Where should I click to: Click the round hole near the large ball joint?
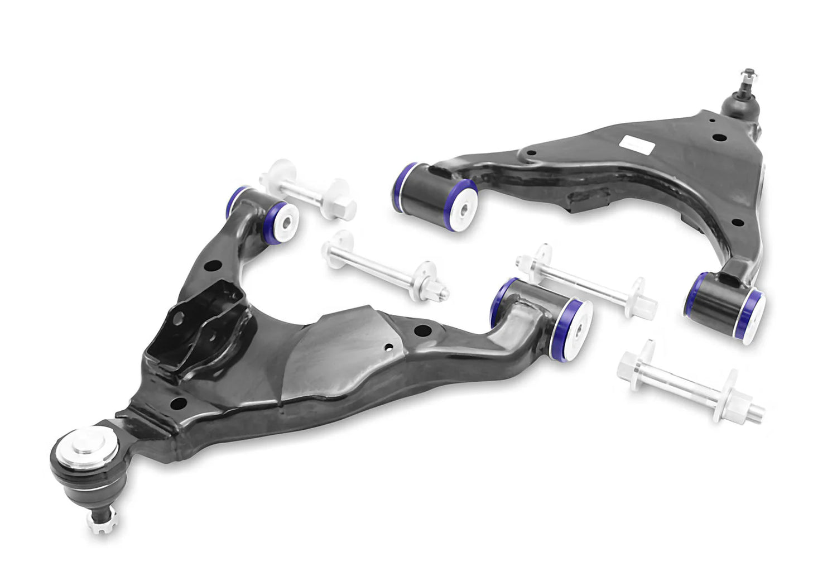pos(178,403)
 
